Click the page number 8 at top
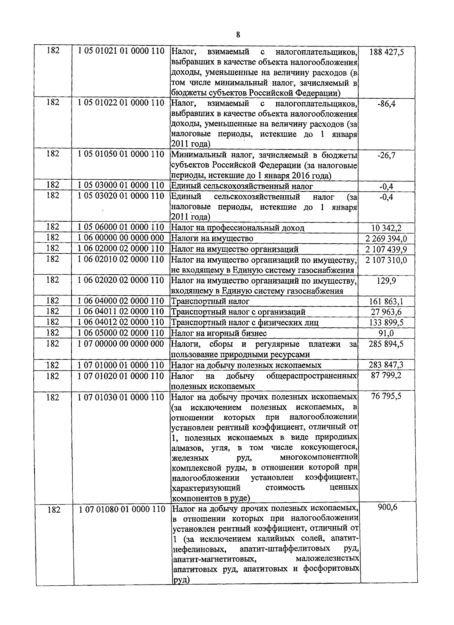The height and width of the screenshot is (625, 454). click(238, 35)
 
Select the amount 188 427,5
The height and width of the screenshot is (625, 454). click(386, 51)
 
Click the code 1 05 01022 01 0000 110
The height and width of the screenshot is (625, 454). click(121, 103)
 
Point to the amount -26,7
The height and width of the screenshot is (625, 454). click(386, 155)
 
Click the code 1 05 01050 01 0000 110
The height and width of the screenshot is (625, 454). click(121, 154)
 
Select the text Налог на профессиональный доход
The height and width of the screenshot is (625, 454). click(238, 228)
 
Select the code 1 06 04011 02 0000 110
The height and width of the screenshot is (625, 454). click(121, 312)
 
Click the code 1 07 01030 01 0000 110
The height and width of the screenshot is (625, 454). click(121, 398)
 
